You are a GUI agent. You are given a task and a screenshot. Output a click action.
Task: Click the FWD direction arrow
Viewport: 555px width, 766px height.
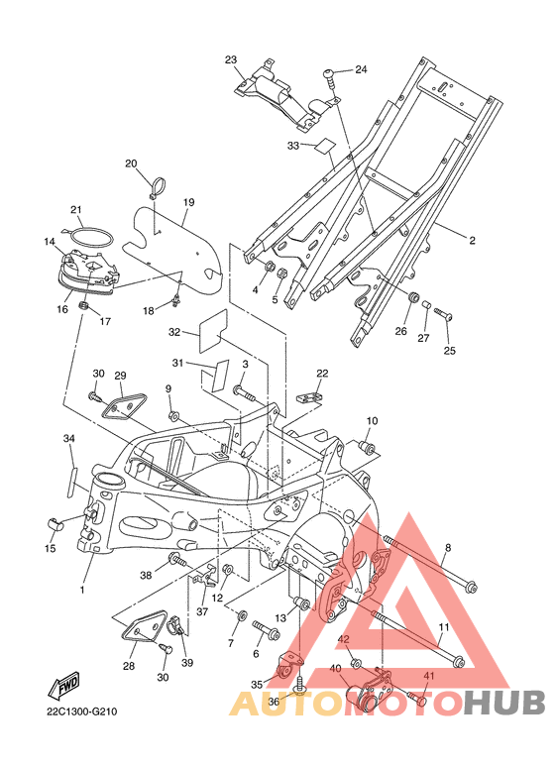click(x=63, y=685)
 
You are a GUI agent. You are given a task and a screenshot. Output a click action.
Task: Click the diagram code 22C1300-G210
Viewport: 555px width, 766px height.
click(x=81, y=711)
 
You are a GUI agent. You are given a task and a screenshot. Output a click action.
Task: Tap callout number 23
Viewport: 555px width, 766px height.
click(x=231, y=59)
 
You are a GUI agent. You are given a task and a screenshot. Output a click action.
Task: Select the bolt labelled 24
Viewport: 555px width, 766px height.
click(x=330, y=77)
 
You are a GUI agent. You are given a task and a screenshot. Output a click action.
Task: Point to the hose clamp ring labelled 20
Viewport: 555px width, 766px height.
click(x=158, y=188)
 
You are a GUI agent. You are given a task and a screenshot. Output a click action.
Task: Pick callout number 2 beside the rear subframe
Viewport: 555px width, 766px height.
click(x=472, y=241)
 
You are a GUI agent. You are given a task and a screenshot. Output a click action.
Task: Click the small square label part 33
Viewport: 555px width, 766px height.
click(x=325, y=146)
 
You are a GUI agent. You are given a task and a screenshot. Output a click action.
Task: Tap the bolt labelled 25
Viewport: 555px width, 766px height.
click(x=444, y=314)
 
